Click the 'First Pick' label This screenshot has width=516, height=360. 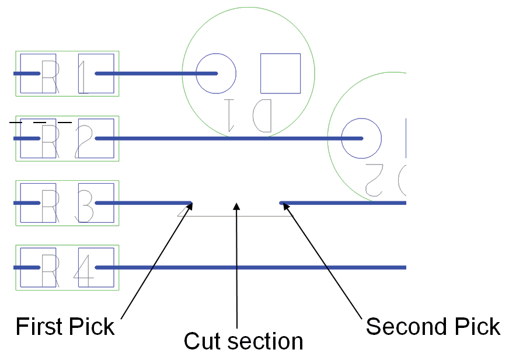pos(65,326)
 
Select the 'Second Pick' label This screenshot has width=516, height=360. pos(433,326)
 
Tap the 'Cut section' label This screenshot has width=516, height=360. pos(243,341)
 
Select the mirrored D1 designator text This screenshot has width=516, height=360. pos(248,115)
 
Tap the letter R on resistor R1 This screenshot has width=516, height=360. pos(50,76)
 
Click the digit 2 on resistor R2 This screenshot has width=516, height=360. pos(83,142)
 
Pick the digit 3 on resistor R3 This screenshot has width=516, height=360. pos(84,207)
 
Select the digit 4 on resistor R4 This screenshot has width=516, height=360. pos(83,271)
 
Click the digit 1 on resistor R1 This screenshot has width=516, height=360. pos(84,76)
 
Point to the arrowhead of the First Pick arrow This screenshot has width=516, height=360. pos(190,205)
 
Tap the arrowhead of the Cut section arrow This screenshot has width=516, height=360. pos(236,206)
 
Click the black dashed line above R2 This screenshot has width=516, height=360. pos(40,123)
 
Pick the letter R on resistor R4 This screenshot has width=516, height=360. pos(50,271)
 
